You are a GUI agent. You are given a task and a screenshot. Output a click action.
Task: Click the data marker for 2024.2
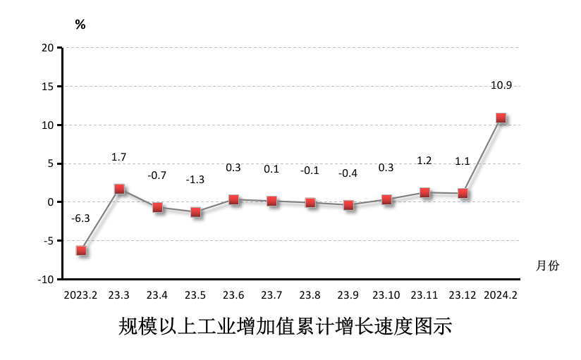tap(501, 118)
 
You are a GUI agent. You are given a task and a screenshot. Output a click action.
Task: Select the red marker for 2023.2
tap(81, 250)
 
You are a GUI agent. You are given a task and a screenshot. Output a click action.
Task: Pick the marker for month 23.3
tap(119, 189)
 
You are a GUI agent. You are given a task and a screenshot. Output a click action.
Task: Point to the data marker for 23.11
tap(424, 192)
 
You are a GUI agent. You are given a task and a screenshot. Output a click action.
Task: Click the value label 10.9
tap(501, 85)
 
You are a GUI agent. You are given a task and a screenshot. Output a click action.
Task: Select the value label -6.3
tap(80, 218)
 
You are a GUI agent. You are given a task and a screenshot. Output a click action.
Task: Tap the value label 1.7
tap(118, 156)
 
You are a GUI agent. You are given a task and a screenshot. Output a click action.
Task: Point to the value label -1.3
tap(195, 180)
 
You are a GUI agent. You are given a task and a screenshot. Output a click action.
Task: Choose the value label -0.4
tap(348, 173)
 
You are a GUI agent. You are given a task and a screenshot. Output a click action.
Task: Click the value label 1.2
tap(424, 161)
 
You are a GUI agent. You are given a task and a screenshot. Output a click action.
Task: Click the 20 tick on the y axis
tap(47, 48)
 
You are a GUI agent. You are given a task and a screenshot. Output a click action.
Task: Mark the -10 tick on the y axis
tap(46, 279)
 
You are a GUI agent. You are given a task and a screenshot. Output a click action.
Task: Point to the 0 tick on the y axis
tap(51, 202)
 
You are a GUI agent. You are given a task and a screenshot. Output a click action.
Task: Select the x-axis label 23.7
tap(271, 294)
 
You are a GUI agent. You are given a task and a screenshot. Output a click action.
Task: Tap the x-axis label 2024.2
tap(501, 294)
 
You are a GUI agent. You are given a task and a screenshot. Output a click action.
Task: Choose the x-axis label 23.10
tap(386, 294)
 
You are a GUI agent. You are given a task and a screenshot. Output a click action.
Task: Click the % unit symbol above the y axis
tap(80, 25)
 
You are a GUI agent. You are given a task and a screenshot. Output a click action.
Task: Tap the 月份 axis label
tap(547, 266)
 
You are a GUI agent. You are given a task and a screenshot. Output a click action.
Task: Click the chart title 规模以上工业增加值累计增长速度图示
tap(285, 328)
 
